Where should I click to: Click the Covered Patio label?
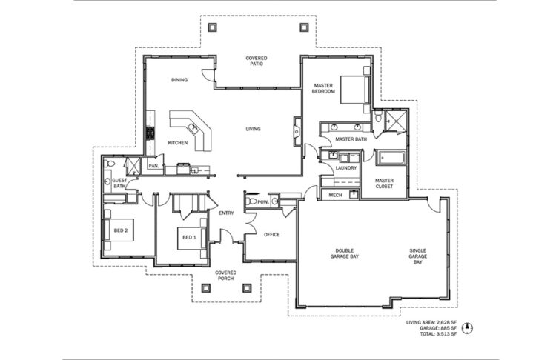pos(257,61)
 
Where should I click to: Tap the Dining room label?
pos(179,80)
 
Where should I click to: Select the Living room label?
pos(254,129)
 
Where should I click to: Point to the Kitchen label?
pos(178,143)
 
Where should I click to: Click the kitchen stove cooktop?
pos(150,133)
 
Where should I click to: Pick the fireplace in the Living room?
pos(297,131)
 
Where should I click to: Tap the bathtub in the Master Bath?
pos(391,158)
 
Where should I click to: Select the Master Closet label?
pos(384,184)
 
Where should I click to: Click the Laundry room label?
pos(346,168)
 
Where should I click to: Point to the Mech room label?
pos(335,196)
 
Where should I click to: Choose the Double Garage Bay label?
pos(344,253)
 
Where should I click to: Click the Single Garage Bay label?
pos(417,256)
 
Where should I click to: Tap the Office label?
pos(272,235)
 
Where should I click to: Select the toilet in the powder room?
pos(251,201)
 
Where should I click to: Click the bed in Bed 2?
pos(119,230)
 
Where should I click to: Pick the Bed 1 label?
pos(189,237)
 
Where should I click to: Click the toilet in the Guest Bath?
pos(109,164)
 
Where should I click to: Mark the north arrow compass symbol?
pos(468,328)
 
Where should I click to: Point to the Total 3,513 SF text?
pos(438,334)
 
